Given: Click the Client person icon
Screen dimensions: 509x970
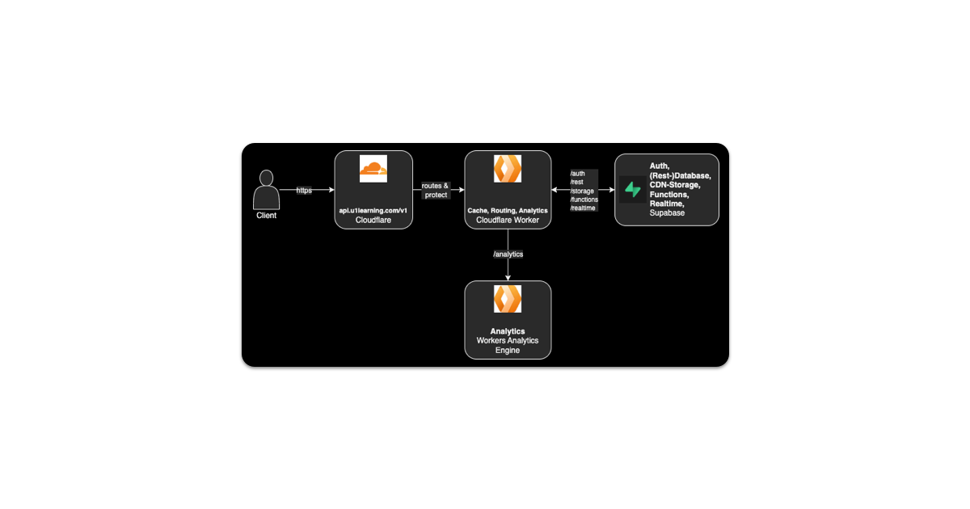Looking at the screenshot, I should (266, 190).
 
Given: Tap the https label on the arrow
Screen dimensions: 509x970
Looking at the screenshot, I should (304, 191).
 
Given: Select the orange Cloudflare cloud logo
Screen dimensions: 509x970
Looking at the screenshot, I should (373, 168).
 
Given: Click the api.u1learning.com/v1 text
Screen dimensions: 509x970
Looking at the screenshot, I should (373, 210).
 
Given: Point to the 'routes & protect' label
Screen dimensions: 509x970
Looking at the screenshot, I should (435, 191).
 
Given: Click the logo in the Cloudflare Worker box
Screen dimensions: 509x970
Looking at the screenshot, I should (508, 168).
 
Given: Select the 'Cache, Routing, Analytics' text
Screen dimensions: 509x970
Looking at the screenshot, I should (508, 210).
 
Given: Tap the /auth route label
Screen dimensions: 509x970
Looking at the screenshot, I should (578, 173).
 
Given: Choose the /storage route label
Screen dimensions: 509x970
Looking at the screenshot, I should (582, 191).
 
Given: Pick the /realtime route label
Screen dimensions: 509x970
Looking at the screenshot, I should (584, 208).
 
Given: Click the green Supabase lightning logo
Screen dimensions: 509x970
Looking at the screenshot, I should (632, 190).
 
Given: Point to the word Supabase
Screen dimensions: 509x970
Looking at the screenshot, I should (667, 213).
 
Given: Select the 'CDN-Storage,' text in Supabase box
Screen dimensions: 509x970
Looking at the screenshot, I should (675, 185).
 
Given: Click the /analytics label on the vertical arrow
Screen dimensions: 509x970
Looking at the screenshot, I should (508, 254).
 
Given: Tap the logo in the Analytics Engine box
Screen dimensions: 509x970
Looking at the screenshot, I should (508, 299).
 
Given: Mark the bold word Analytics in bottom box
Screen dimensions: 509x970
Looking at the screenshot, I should (508, 331).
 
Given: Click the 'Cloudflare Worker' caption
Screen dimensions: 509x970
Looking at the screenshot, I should (508, 220).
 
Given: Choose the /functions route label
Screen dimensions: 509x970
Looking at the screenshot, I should (584, 200).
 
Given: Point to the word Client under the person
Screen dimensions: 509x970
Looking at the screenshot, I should (266, 216).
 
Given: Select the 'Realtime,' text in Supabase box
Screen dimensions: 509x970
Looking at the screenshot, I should (668, 204).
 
